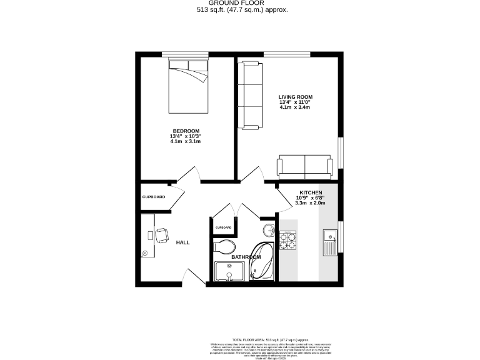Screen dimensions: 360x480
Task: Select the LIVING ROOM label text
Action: click(x=295, y=97)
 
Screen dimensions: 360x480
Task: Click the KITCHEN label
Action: click(x=310, y=192)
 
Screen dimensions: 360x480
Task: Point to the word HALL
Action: click(x=182, y=242)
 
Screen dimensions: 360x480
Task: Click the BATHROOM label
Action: click(x=246, y=257)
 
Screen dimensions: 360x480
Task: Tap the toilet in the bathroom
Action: click(x=224, y=246)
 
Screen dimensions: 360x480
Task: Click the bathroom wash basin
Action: click(x=268, y=230)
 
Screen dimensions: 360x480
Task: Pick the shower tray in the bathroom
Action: click(x=229, y=271)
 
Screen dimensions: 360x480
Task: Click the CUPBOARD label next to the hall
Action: click(x=154, y=197)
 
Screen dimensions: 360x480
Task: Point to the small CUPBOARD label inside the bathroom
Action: click(x=223, y=227)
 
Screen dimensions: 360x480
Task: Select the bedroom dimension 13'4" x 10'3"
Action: click(x=185, y=136)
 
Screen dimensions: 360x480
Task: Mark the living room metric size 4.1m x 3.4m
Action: click(x=295, y=107)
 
